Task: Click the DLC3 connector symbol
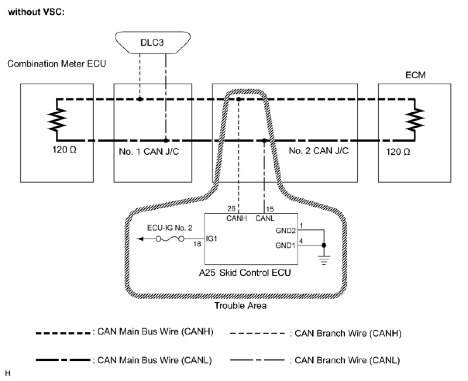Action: coord(153,43)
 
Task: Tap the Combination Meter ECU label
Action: coord(57,63)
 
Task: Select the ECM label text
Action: coord(415,75)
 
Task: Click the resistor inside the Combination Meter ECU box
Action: coord(57,120)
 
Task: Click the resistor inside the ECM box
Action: coord(415,120)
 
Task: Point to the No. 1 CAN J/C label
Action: coord(149,151)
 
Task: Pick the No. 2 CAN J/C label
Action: coord(318,151)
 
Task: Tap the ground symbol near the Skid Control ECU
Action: coord(324,260)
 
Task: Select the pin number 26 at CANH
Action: coord(231,208)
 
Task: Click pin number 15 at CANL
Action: coord(270,209)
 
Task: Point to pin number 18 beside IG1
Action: coord(197,244)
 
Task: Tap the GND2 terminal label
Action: coord(286,231)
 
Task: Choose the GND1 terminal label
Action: coord(285,245)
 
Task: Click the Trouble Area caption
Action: coord(240,305)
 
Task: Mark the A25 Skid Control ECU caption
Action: coord(245,273)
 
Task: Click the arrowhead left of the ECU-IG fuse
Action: coord(140,239)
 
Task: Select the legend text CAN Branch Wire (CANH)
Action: coord(348,333)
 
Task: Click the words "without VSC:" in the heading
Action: coord(36,12)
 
